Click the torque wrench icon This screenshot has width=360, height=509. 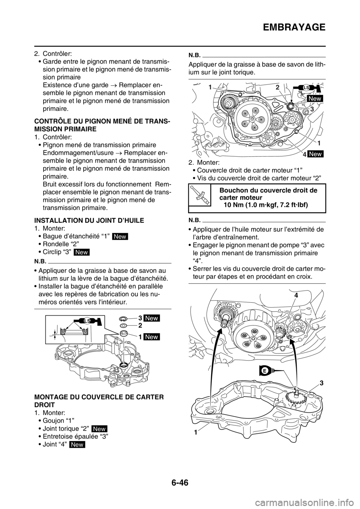tap(199, 194)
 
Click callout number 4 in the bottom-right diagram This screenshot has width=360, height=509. tap(297, 296)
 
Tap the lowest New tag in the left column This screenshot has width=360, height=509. tap(77, 445)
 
